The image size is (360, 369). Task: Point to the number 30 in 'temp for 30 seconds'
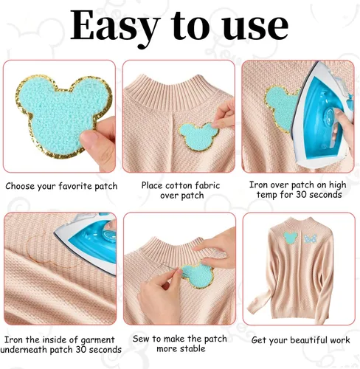click(302, 195)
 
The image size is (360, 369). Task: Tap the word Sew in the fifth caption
click(141, 339)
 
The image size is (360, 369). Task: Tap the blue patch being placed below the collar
click(198, 137)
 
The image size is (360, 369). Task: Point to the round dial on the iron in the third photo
click(329, 116)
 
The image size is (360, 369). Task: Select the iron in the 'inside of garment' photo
click(88, 242)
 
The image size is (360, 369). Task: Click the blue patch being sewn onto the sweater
click(198, 275)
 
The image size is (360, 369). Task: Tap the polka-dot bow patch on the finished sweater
click(311, 238)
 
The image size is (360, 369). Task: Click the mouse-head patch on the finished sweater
click(291, 238)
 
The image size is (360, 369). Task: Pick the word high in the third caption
click(336, 185)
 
